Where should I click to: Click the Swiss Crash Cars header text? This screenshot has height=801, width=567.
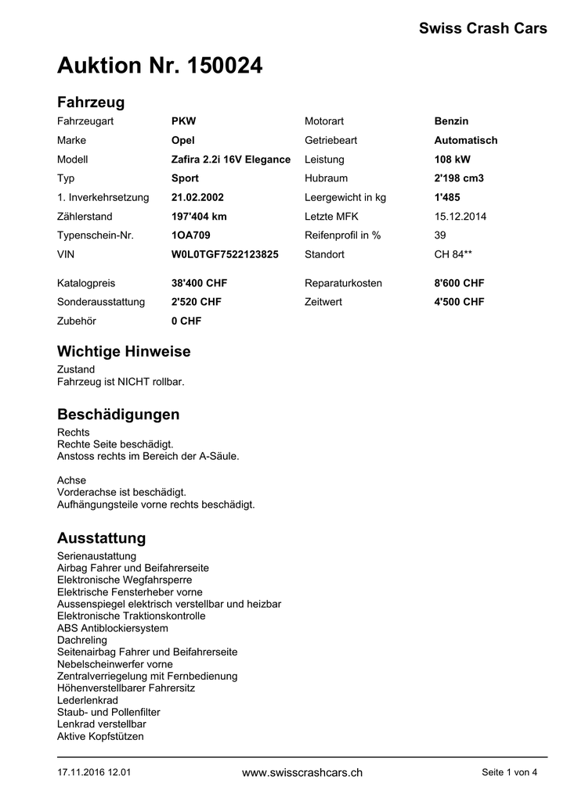coord(482,29)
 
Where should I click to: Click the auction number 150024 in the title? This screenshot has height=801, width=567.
coord(224,67)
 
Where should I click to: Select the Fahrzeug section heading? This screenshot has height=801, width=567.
coord(91,102)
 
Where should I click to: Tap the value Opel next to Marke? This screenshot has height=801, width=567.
coord(182,140)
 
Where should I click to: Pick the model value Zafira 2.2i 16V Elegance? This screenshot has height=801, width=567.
coord(230,159)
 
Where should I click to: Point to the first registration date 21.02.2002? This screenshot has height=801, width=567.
coord(197,197)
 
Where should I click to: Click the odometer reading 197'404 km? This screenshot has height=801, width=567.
coord(199,216)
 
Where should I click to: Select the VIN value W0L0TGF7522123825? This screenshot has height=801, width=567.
coord(225,254)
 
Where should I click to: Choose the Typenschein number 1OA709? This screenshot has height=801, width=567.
coord(190,235)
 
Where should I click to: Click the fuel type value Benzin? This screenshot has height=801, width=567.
coord(451,121)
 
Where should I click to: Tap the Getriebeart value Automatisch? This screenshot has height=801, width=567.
coord(465,140)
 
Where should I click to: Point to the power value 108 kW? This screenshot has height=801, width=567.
coord(452,159)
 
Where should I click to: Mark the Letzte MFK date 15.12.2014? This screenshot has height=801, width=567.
coord(460,216)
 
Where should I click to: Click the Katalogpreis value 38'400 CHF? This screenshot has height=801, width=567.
coord(199,282)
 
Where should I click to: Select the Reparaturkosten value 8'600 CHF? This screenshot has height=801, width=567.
coord(459,282)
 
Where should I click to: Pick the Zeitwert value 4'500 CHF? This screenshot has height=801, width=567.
coord(459,302)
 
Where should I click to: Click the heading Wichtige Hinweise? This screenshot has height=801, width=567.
coord(124,351)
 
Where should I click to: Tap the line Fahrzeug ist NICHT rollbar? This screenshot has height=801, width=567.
coord(120,382)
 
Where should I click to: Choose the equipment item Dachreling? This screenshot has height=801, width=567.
coord(82,640)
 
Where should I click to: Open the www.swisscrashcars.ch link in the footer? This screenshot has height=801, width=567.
coord(302,773)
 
